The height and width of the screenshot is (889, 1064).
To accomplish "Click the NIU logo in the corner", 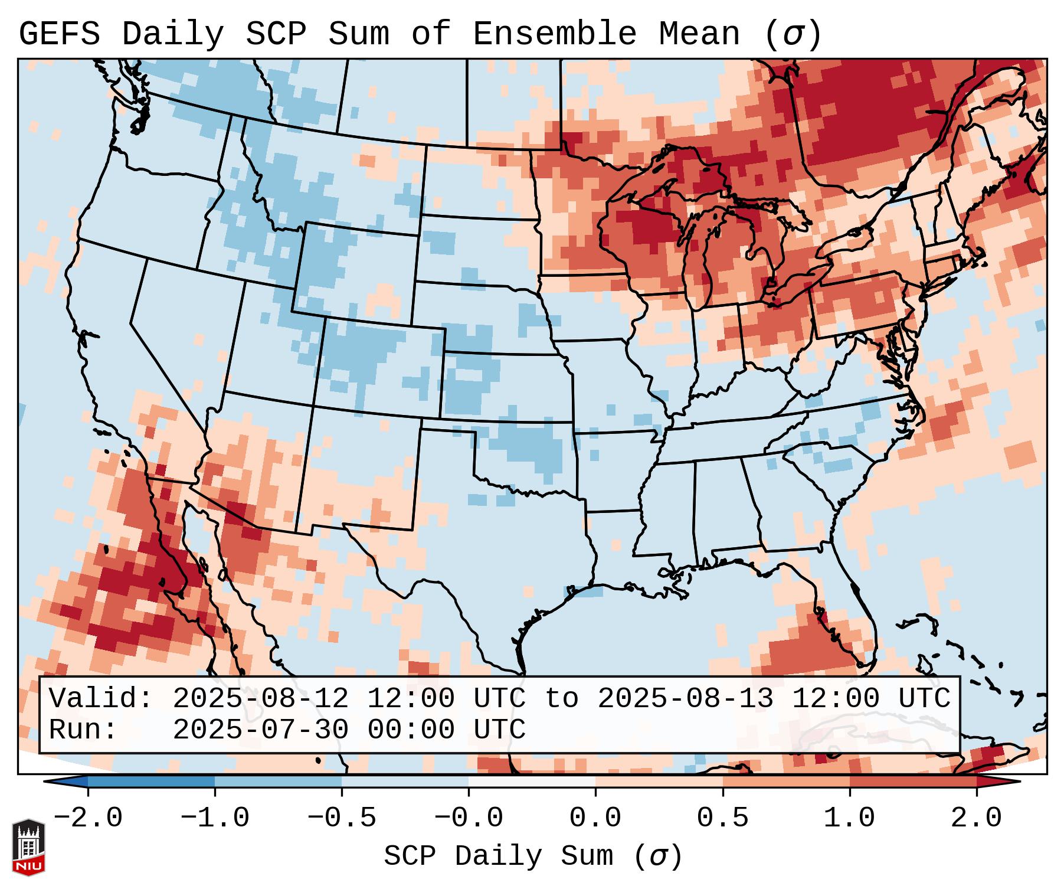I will [28, 847].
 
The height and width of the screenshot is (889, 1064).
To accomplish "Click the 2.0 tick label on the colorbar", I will [976, 818].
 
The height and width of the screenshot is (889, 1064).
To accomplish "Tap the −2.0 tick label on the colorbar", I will [88, 818].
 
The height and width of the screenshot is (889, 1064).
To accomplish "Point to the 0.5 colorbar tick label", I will [722, 818].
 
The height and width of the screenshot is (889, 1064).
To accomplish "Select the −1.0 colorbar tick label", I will [215, 818].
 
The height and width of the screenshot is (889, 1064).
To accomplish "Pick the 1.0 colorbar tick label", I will [849, 818].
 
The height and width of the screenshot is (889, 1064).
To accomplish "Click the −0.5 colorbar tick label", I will [342, 818].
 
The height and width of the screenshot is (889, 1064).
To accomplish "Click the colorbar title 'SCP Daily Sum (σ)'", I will [532, 857].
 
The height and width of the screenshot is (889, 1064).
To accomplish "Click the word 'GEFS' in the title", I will [60, 34].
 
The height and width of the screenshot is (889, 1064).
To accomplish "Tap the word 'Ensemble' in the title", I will [554, 34].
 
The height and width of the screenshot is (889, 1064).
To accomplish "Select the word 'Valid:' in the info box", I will [101, 699].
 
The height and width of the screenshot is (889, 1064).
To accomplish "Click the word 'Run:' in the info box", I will [83, 730].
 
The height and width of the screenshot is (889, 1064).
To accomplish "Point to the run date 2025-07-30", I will [260, 730].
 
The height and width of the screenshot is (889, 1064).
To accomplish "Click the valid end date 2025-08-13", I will [685, 699].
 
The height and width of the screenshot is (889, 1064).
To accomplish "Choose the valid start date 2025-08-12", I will [260, 699].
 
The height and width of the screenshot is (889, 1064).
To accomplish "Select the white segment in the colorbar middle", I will [532, 782].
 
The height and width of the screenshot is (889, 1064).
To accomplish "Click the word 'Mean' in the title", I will [699, 34].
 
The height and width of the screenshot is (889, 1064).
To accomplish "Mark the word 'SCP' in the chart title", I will [276, 34].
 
